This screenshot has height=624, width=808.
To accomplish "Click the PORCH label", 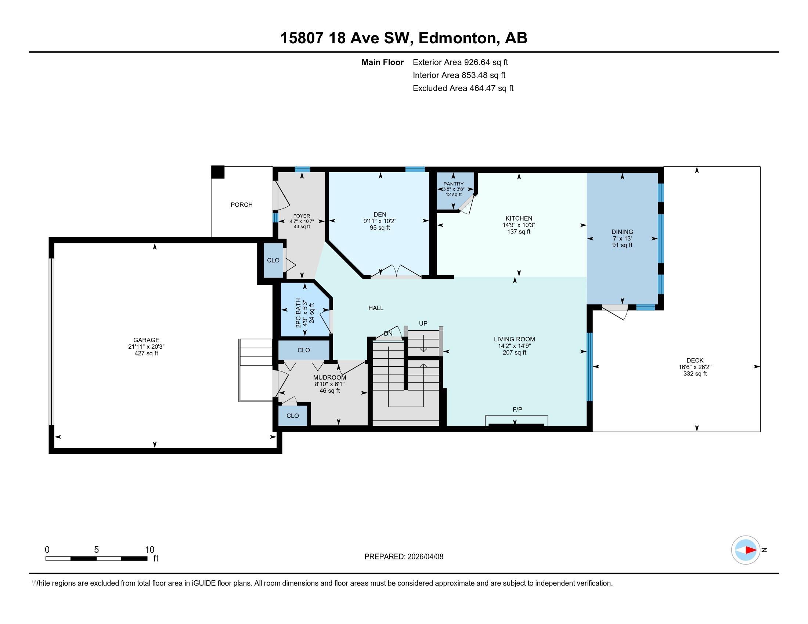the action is (x=242, y=204).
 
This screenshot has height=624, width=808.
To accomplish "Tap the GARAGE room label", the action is (x=147, y=340).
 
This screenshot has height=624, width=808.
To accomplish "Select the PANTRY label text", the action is (x=454, y=184).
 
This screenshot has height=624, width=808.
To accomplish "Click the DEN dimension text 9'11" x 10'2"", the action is (x=380, y=221).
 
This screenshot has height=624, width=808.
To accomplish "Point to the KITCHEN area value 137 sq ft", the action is (x=519, y=232).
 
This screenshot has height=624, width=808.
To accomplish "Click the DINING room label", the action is (x=622, y=232).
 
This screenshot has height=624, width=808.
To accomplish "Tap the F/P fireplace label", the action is (x=517, y=409).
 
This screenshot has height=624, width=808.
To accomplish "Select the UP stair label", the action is (x=423, y=323).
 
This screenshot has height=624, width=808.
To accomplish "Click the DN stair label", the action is (x=388, y=333).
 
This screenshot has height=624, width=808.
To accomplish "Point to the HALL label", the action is (x=376, y=308).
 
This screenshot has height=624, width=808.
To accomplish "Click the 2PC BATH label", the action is (x=298, y=313).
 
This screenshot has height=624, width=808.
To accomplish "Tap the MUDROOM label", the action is (x=330, y=377).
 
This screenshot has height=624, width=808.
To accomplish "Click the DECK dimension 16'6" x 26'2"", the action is (x=695, y=367).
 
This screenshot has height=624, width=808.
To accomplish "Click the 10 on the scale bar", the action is (x=149, y=549).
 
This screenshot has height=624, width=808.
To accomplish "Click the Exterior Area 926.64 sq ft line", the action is (x=461, y=62).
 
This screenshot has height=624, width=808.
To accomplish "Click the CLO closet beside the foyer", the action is (x=273, y=260).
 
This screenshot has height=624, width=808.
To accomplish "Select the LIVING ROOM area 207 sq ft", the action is (x=514, y=353).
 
